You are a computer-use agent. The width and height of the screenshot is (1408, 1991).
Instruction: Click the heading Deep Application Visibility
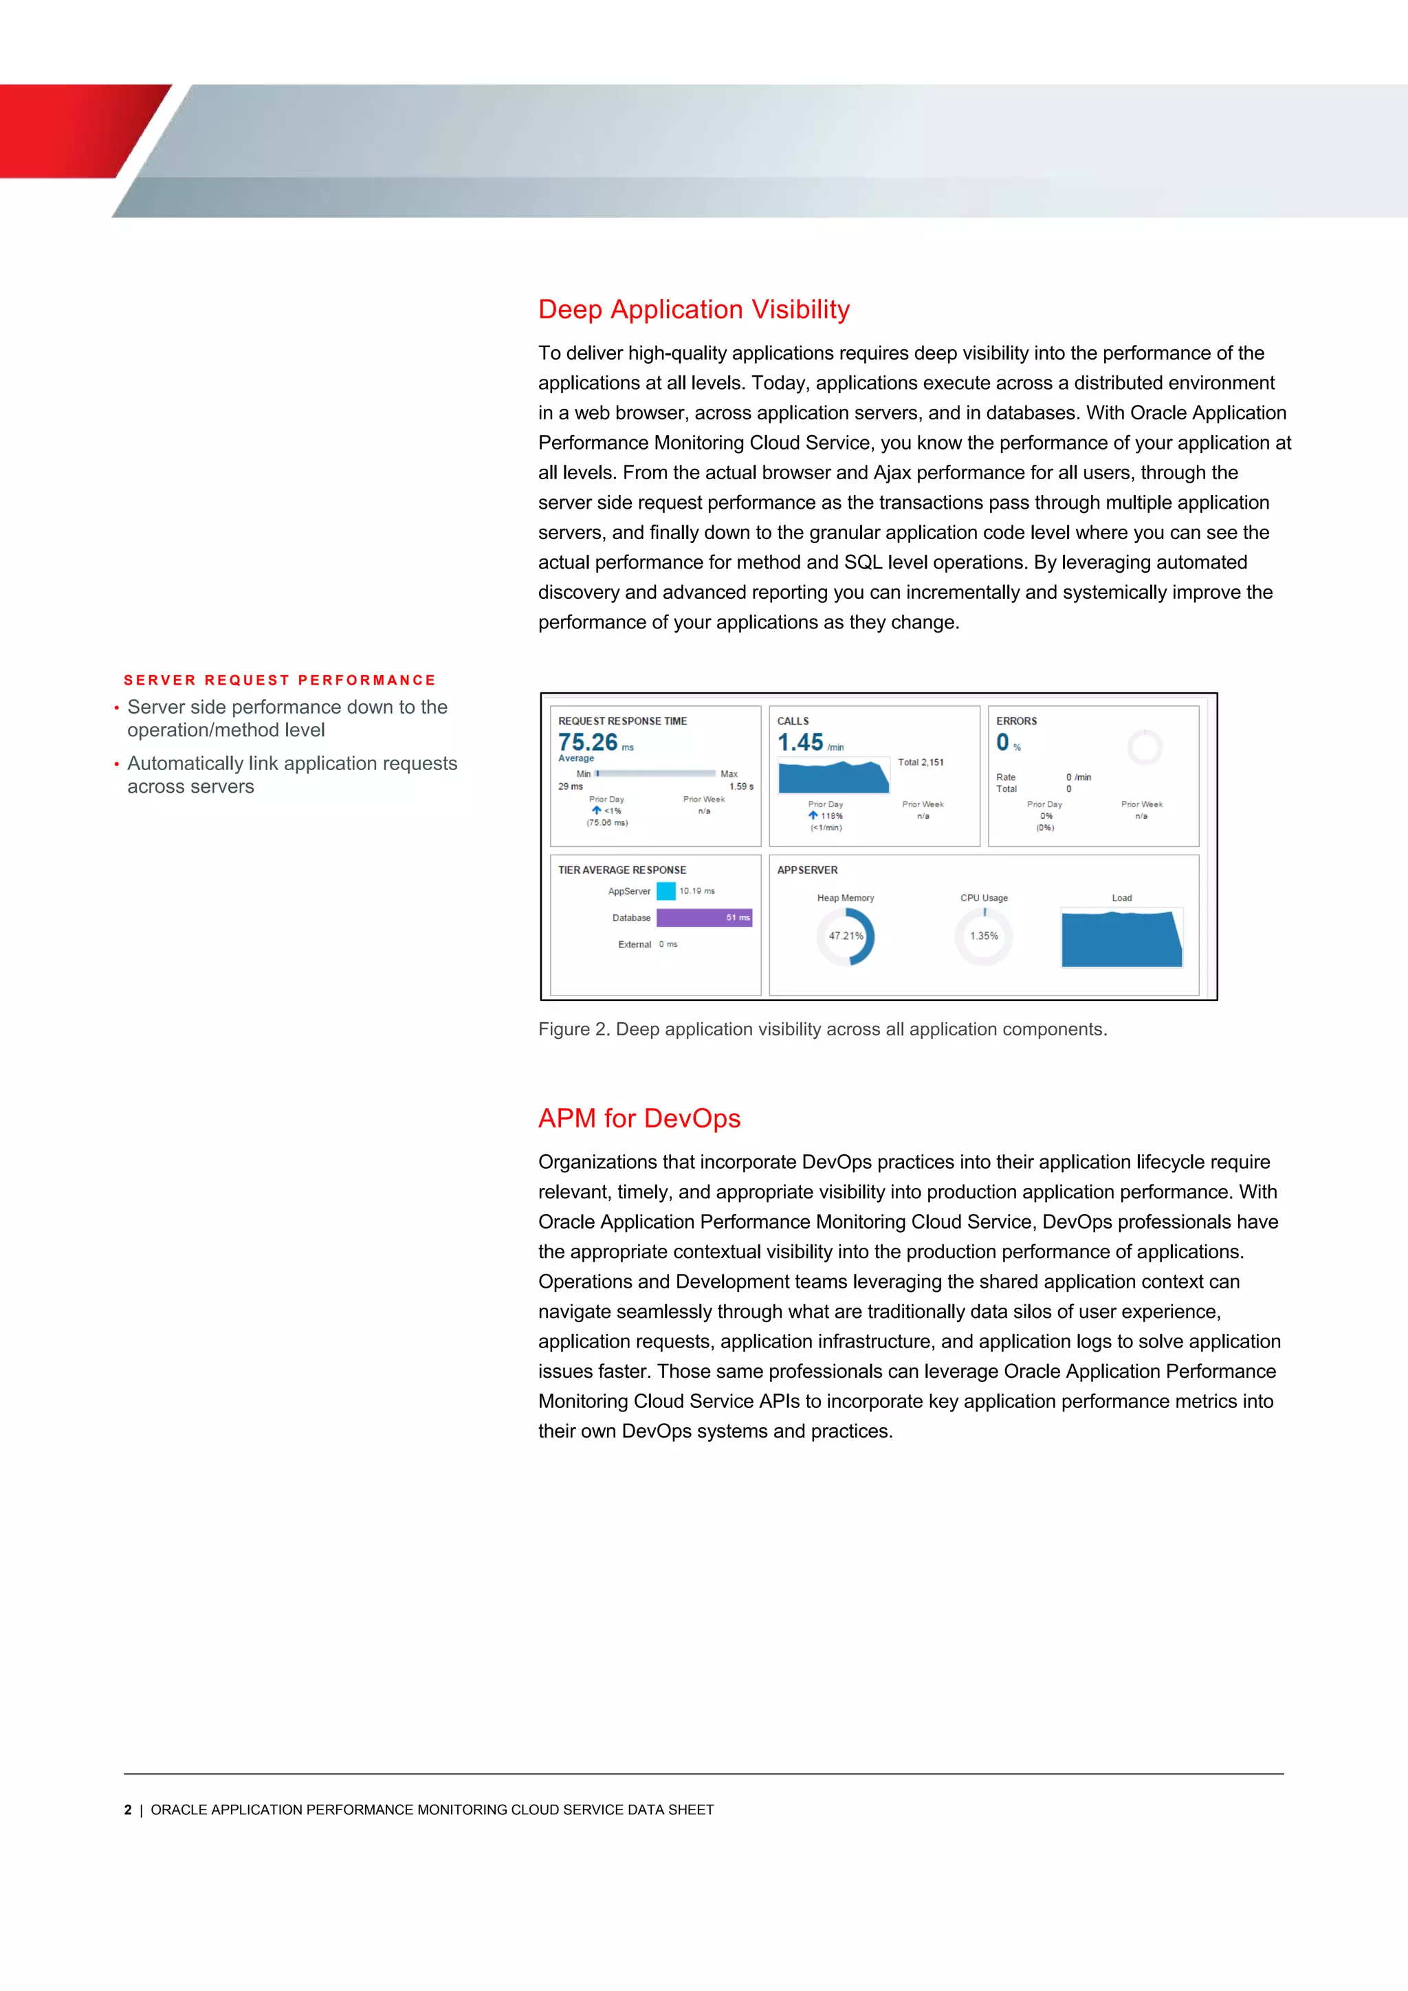coord(694,309)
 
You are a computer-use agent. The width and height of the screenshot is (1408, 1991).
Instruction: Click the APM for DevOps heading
coord(639,1118)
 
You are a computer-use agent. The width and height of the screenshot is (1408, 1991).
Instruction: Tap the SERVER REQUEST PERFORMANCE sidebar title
coord(279,680)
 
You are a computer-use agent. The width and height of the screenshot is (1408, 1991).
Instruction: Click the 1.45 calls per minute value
coord(800,742)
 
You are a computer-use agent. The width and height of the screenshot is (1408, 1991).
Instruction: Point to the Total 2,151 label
coord(920,762)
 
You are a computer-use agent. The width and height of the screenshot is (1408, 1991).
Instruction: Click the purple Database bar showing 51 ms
coord(703,917)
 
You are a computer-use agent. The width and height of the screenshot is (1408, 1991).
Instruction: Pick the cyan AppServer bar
coord(666,890)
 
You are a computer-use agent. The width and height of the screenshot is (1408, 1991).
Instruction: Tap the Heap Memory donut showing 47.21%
coord(846,936)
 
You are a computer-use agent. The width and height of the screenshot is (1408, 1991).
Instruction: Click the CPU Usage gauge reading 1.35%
coord(984,936)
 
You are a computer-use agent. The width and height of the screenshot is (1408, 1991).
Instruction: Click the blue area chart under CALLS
coord(833,778)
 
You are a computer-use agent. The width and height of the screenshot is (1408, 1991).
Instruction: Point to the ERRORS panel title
coord(1016,720)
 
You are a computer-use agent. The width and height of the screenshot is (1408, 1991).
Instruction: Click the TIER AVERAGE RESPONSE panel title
coord(621,870)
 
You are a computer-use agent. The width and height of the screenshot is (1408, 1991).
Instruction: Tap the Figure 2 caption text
coord(822,1029)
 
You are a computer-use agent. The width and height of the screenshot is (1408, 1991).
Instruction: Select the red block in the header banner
coord(69,130)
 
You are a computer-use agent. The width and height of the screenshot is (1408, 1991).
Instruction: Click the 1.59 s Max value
coord(740,786)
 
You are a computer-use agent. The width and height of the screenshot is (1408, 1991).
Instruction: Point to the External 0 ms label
coord(647,945)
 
